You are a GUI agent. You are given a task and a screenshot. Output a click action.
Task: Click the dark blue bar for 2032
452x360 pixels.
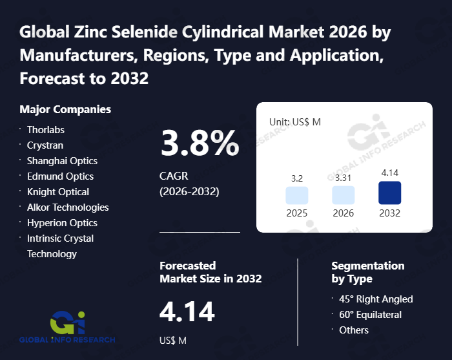pyautogui.click(x=390, y=193)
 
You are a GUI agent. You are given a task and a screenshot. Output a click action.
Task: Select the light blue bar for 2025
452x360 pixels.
pyautogui.click(x=297, y=196)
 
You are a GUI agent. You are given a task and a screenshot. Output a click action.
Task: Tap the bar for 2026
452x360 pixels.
pyautogui.click(x=344, y=196)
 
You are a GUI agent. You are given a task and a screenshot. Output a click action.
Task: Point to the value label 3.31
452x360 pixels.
pyautogui.click(x=344, y=178)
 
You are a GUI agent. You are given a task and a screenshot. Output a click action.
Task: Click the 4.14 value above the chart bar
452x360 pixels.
pyautogui.click(x=390, y=173)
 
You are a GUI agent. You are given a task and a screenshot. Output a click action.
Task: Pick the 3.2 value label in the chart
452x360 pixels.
pyautogui.click(x=297, y=178)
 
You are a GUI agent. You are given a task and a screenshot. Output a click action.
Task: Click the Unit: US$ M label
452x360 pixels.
pyautogui.click(x=294, y=122)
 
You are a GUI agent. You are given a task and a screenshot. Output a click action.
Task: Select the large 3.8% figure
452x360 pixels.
pyautogui.click(x=200, y=143)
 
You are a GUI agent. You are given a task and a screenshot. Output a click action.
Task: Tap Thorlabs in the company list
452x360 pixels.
pyautogui.click(x=46, y=129)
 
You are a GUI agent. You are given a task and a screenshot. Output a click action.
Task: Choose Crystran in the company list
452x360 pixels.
pyautogui.click(x=46, y=145)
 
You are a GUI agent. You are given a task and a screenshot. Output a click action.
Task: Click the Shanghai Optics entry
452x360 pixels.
pyautogui.click(x=62, y=160)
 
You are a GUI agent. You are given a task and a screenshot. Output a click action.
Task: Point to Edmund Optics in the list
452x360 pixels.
pyautogui.click(x=60, y=176)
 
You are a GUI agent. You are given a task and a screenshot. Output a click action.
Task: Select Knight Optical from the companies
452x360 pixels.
pyautogui.click(x=58, y=191)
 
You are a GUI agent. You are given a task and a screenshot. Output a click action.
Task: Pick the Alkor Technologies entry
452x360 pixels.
pyautogui.click(x=68, y=207)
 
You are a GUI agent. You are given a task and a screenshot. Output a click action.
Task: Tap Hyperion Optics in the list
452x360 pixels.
pyautogui.click(x=63, y=222)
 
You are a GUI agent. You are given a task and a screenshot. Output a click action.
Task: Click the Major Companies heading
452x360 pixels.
pyautogui.click(x=65, y=109)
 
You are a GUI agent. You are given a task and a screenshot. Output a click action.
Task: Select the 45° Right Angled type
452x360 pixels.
pyautogui.click(x=376, y=299)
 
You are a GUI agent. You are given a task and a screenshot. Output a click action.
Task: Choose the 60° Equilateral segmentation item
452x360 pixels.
pyautogui.click(x=370, y=314)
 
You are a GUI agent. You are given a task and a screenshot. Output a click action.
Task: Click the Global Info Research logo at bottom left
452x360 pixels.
pyautogui.click(x=67, y=327)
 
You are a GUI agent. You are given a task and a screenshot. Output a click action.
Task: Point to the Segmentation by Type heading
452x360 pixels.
pyautogui.click(x=367, y=272)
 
